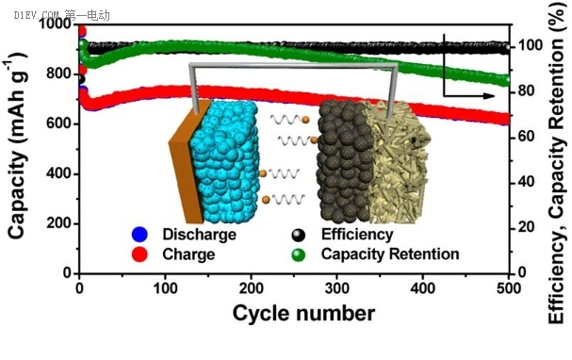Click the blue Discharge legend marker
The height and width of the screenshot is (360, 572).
139,235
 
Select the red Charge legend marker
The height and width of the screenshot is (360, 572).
139,254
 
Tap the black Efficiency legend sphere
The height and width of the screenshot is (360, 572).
299,236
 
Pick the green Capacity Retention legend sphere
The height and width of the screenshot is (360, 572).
299,254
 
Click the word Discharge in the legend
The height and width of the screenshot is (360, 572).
199,234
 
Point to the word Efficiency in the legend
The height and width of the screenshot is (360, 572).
357,234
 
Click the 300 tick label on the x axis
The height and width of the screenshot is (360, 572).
337,288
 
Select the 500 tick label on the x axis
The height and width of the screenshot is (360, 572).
509,288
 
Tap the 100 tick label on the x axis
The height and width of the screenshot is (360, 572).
165,288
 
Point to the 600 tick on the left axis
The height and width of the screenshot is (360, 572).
59,123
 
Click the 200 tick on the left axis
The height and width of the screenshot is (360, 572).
59,223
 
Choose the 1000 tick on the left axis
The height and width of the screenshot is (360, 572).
56,25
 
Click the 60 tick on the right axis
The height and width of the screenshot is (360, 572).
527,137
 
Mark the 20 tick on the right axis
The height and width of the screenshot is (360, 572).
527,228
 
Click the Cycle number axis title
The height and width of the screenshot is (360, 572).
303,313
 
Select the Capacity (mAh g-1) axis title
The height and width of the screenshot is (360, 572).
17,146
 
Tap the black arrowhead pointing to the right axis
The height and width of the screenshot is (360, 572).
488,96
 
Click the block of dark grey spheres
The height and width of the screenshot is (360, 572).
345,161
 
